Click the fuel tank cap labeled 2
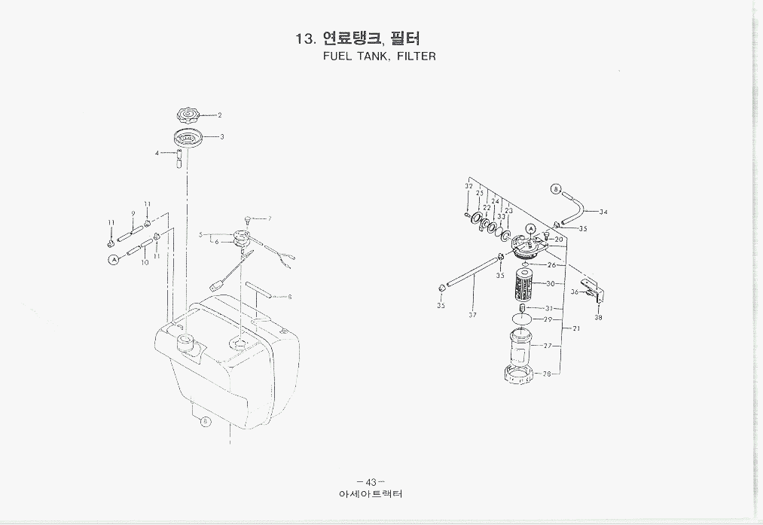click(x=186, y=115)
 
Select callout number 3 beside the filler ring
click(x=222, y=137)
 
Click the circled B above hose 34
click(x=556, y=189)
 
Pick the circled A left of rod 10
click(x=114, y=258)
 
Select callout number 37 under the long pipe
click(x=472, y=315)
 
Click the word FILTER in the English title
click(x=417, y=56)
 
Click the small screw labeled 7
click(x=248, y=218)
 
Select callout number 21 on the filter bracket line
click(x=576, y=329)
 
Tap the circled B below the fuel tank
click(x=205, y=422)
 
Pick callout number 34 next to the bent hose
click(x=603, y=212)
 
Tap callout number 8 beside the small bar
click(x=290, y=297)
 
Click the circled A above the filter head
click(x=530, y=229)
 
